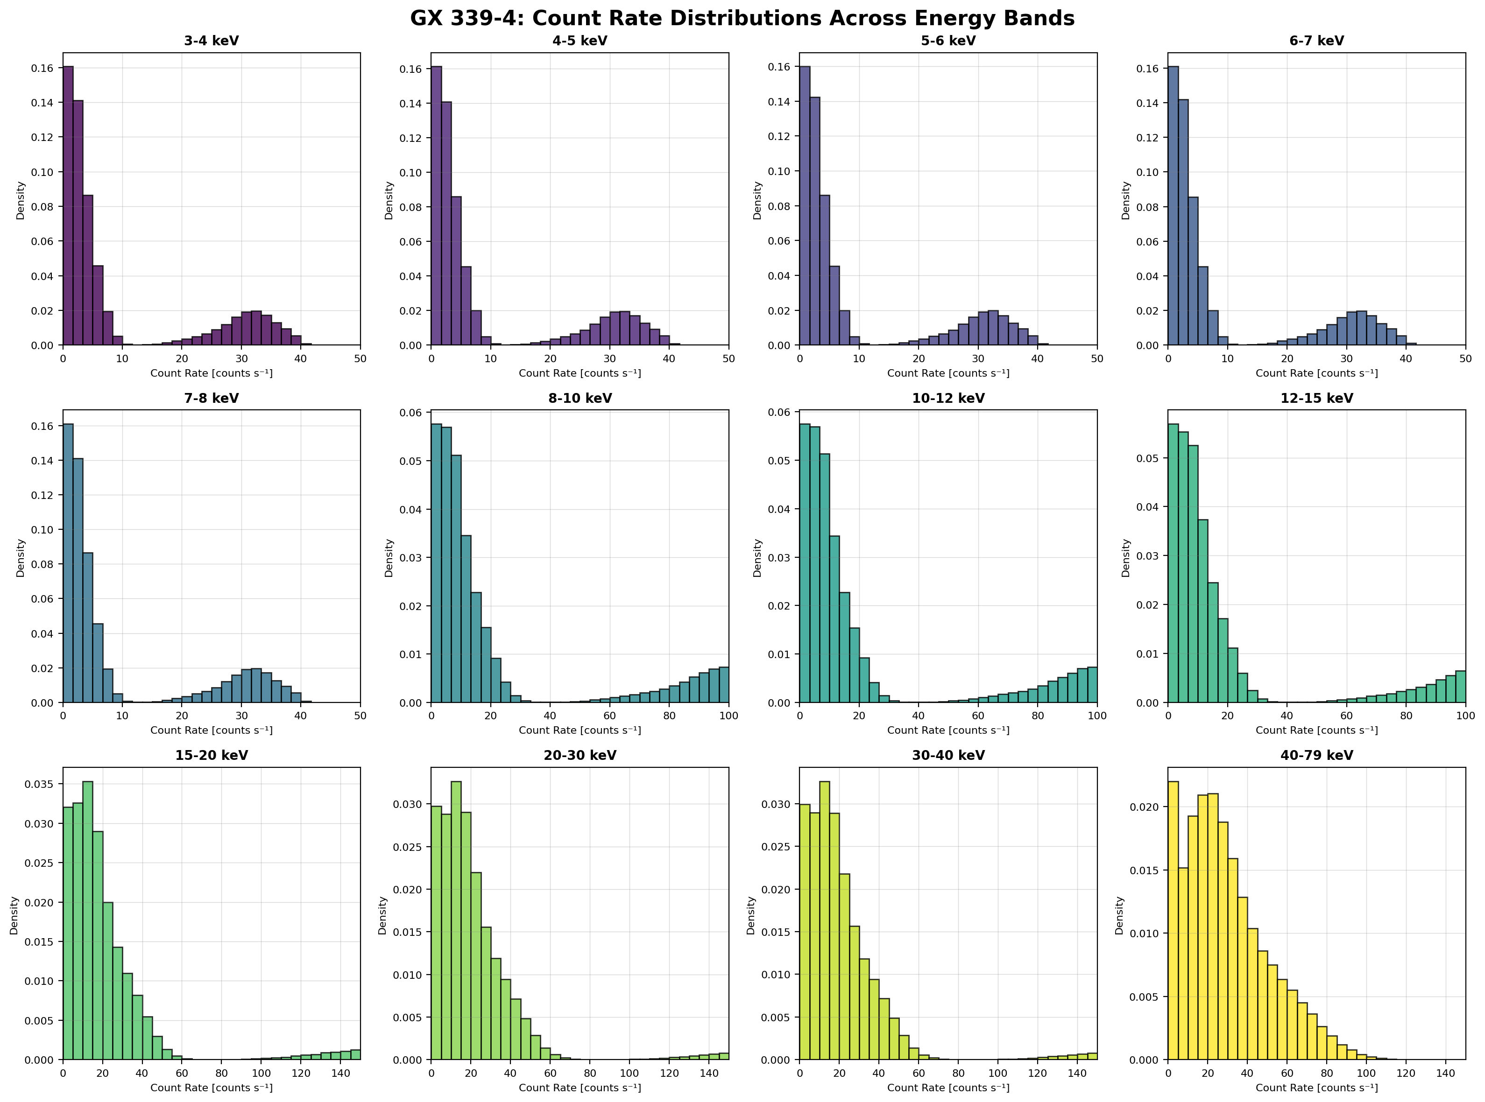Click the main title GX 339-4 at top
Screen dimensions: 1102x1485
tap(742, 18)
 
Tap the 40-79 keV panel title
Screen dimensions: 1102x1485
tap(1316, 756)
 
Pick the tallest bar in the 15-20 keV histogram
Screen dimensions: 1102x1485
tap(87, 920)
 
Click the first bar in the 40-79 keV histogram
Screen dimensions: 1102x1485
tap(1173, 920)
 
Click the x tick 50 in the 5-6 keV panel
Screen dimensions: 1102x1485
tap(1096, 359)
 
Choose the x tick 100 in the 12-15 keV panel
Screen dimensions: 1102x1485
tap(1465, 716)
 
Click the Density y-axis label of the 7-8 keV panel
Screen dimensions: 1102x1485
tap(21, 558)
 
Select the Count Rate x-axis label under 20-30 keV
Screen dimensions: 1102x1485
tap(580, 1088)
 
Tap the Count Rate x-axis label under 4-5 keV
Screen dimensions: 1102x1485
tap(580, 373)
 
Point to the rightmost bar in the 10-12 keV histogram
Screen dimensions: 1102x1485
tap(1092, 685)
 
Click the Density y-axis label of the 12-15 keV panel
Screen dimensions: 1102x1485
tap(1126, 558)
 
